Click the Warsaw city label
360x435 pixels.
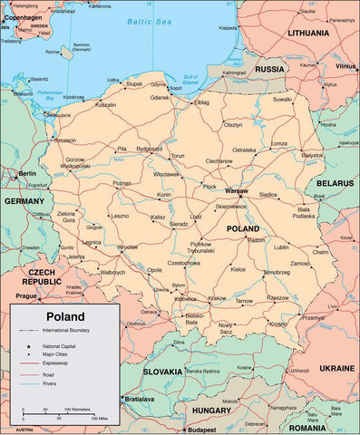(x=236, y=192)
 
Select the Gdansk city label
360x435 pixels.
(x=161, y=97)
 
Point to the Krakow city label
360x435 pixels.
(x=217, y=297)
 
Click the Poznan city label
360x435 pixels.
(x=122, y=183)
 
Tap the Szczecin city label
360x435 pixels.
(x=65, y=140)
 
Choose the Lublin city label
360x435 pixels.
(x=282, y=246)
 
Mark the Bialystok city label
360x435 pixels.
(x=313, y=155)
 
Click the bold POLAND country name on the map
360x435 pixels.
(x=243, y=229)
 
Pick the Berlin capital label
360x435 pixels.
(x=27, y=173)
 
